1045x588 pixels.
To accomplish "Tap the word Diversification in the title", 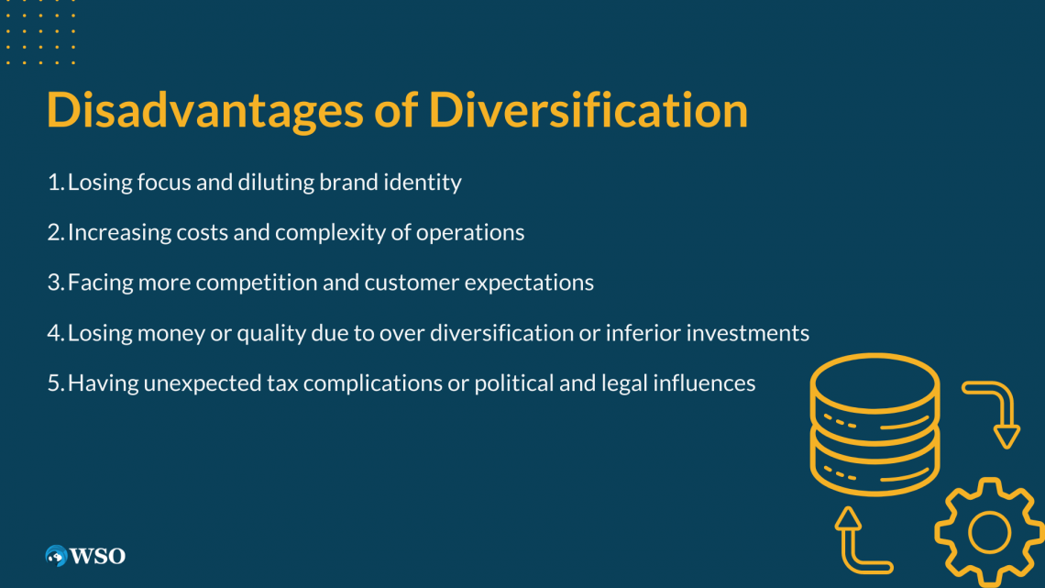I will pos(588,111).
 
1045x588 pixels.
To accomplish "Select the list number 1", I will pos(54,183).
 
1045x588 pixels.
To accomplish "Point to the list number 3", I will pos(54,283).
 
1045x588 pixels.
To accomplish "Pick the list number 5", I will pos(54,383).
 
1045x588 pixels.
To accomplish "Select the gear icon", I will pos(988,532).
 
